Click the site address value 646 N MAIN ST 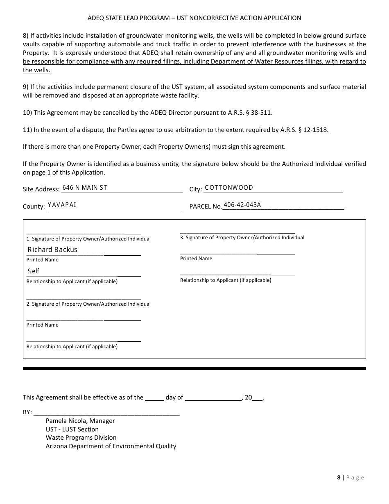pyautogui.click(x=85, y=188)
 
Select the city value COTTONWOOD pyautogui.click(x=229, y=188)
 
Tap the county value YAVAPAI pyautogui.click(x=62, y=205)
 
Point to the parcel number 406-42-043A pyautogui.click(x=242, y=205)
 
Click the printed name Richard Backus pyautogui.click(x=52, y=250)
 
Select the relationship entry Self pyautogui.click(x=34, y=271)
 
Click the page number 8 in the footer pyautogui.click(x=339, y=477)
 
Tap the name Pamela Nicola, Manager pyautogui.click(x=80, y=421)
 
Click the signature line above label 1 pyautogui.click(x=84, y=233)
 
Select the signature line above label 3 pyautogui.click(x=237, y=232)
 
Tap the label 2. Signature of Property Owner pyautogui.click(x=88, y=304)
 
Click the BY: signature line pyautogui.click(x=106, y=414)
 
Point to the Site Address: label pyautogui.click(x=41, y=189)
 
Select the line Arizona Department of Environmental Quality pyautogui.click(x=111, y=446)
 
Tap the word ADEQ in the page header pyautogui.click(x=96, y=18)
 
